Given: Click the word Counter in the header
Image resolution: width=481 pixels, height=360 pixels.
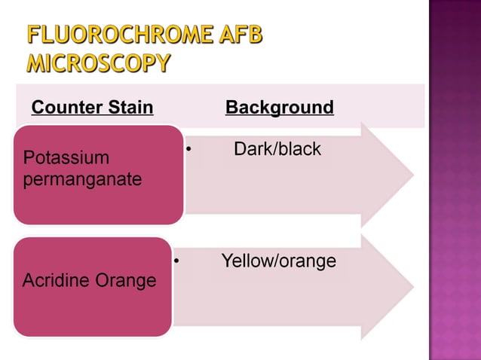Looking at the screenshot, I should tap(66, 108).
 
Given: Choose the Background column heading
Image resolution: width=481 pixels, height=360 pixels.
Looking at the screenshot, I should tap(280, 108).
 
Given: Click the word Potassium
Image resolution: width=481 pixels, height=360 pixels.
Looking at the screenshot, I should tap(66, 158).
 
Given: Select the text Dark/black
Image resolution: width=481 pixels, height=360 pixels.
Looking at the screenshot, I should tap(277, 149).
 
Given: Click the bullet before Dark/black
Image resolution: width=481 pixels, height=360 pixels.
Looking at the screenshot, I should tap(188, 150).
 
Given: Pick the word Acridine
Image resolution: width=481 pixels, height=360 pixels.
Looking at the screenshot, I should tap(55, 281).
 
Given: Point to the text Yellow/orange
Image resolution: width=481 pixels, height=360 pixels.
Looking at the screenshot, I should tap(278, 261).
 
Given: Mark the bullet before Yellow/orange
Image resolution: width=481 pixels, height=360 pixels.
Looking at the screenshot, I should tap(176, 262).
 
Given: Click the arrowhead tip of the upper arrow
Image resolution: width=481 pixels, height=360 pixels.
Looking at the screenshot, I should tap(412, 175).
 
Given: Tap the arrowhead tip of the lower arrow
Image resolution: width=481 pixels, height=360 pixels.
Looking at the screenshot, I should tap(412, 288).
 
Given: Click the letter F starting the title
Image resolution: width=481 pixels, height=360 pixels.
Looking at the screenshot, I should tap(34, 35).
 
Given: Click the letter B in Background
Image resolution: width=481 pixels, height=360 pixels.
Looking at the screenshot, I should tap(231, 108).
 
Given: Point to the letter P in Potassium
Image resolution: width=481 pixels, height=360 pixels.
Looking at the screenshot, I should tap(29, 158).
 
